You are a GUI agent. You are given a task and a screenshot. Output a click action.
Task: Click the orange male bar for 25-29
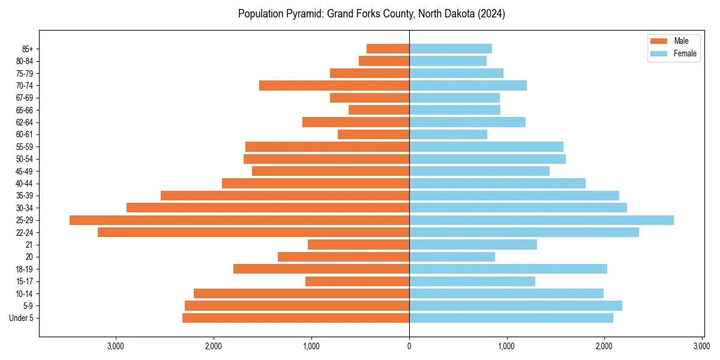click(239, 220)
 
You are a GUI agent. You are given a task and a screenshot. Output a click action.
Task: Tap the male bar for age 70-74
click(334, 86)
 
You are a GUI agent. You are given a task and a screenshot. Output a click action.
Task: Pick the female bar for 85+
click(451, 49)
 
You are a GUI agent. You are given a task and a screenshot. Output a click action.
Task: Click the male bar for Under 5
click(296, 318)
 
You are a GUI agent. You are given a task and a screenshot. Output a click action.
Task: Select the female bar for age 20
click(452, 257)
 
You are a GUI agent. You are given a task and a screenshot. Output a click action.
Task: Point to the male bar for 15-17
click(357, 281)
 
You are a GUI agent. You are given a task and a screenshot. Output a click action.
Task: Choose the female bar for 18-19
click(508, 269)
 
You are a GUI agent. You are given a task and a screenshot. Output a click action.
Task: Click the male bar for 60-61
click(373, 134)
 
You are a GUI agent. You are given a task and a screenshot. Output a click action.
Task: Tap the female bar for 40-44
click(497, 184)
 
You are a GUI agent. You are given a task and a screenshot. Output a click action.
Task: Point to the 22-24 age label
click(25, 233)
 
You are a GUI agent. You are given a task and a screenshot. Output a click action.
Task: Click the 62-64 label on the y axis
click(25, 122)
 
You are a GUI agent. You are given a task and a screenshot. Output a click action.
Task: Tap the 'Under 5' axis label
click(22, 318)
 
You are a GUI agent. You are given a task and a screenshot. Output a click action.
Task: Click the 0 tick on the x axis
click(409, 346)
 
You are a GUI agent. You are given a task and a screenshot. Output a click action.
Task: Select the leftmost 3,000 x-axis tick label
click(115, 346)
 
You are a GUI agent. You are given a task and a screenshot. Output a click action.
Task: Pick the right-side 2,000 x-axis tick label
click(604, 346)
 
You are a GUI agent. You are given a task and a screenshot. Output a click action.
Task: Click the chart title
click(371, 14)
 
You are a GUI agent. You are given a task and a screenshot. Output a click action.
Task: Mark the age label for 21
click(29, 245)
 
